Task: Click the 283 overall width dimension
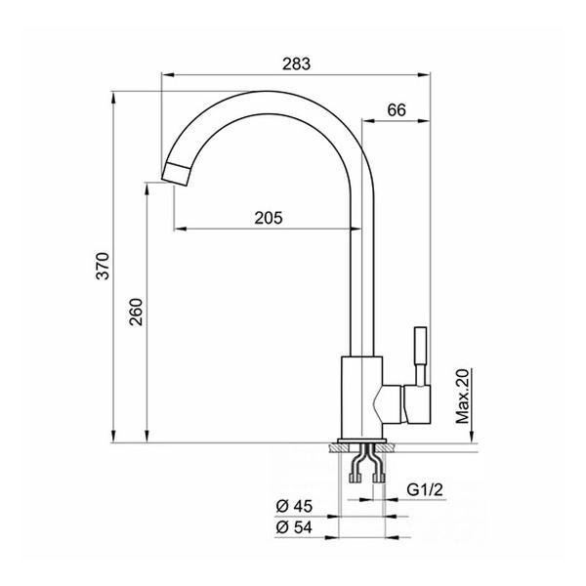pyautogui.click(x=296, y=63)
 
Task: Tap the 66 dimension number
pyautogui.click(x=397, y=109)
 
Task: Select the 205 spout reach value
pyautogui.click(x=269, y=218)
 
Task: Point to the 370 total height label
pyautogui.click(x=103, y=266)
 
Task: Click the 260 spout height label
pyautogui.click(x=136, y=313)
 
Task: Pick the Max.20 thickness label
pyautogui.click(x=462, y=397)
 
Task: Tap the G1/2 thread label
pyautogui.click(x=425, y=489)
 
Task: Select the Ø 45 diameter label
pyautogui.click(x=294, y=506)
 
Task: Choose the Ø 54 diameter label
pyautogui.click(x=294, y=527)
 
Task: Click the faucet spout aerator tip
pyautogui.click(x=176, y=174)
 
